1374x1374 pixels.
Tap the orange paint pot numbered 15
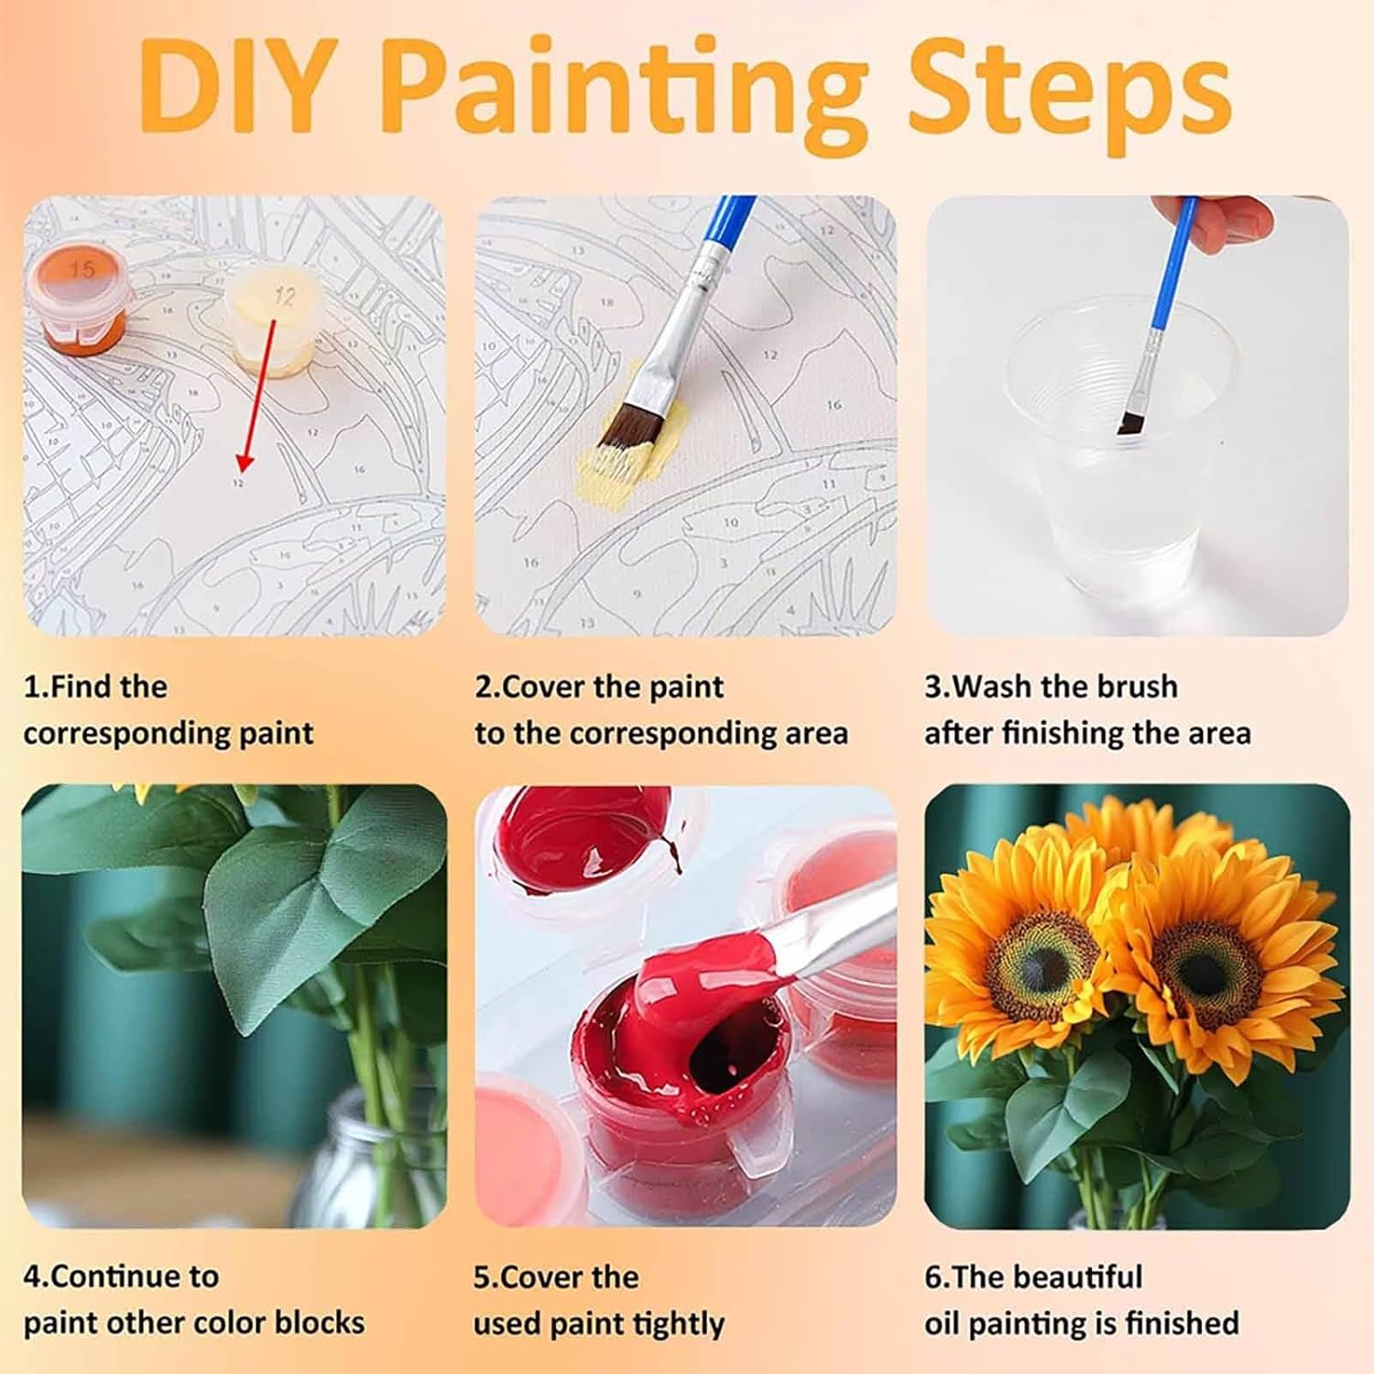[81, 295]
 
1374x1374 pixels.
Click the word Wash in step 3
[999, 686]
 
